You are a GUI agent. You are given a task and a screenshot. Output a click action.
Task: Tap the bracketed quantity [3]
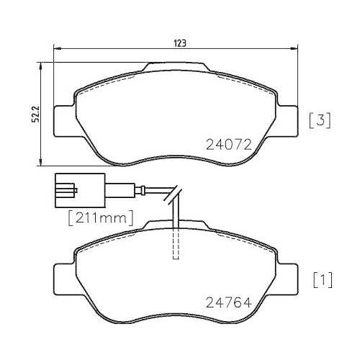coord(320,120)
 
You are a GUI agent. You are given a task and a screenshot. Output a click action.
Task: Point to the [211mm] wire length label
coord(101,215)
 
